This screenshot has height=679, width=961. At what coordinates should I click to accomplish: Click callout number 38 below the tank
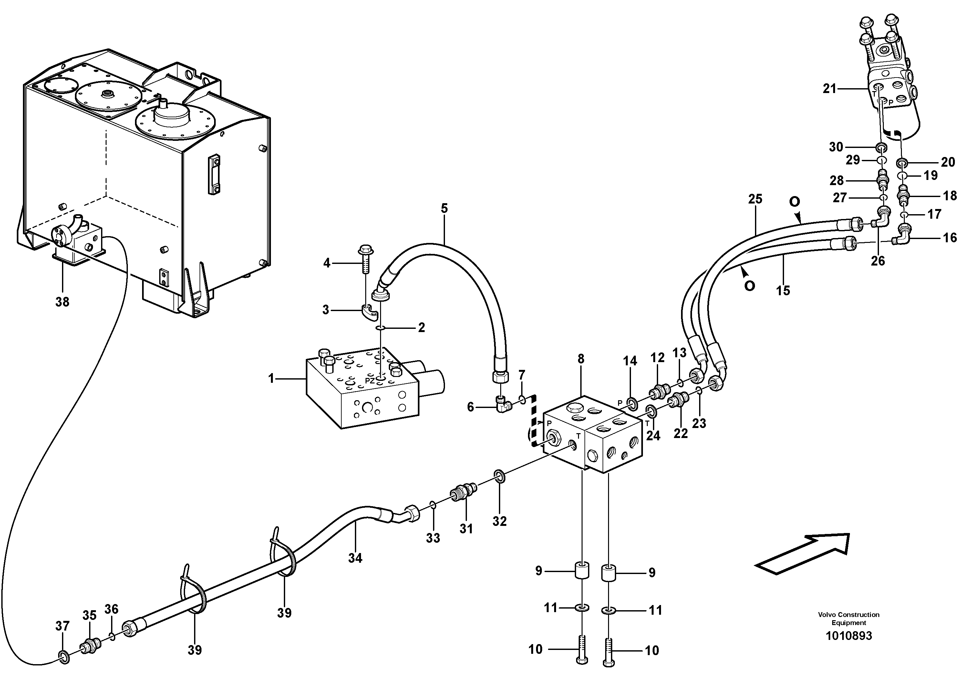click(62, 301)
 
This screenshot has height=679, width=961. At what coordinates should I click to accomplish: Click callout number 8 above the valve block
click(581, 359)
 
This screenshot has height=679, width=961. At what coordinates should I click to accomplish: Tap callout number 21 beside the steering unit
click(829, 89)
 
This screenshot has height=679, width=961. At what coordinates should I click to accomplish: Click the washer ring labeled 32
click(499, 475)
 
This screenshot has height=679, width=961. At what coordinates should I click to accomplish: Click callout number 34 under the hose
click(355, 558)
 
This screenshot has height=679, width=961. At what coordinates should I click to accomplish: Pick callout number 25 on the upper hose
click(756, 199)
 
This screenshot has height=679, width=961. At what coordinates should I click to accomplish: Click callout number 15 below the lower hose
click(783, 290)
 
